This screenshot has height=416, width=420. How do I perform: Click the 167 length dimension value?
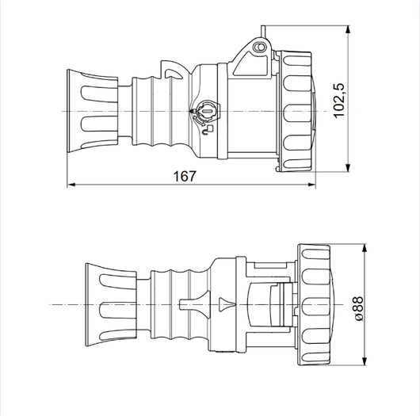coord(185,176)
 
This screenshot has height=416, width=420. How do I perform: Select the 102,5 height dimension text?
coord(338,99)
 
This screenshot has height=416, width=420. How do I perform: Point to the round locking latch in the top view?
coord(204,113)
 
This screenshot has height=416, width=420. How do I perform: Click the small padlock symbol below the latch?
coord(207,129)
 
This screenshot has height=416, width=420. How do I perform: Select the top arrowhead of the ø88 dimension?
coord(364,248)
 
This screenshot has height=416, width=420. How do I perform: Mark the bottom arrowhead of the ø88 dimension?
coord(364,365)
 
